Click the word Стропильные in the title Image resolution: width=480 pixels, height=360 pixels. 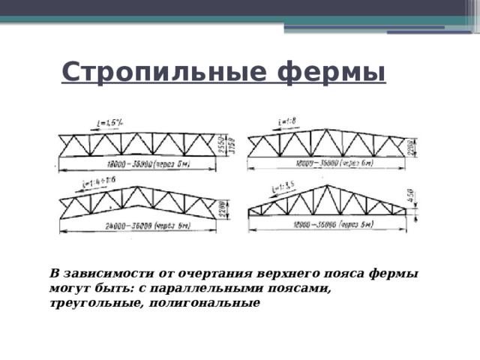[x=166, y=72]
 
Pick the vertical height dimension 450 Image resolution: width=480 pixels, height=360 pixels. [x=412, y=198]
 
